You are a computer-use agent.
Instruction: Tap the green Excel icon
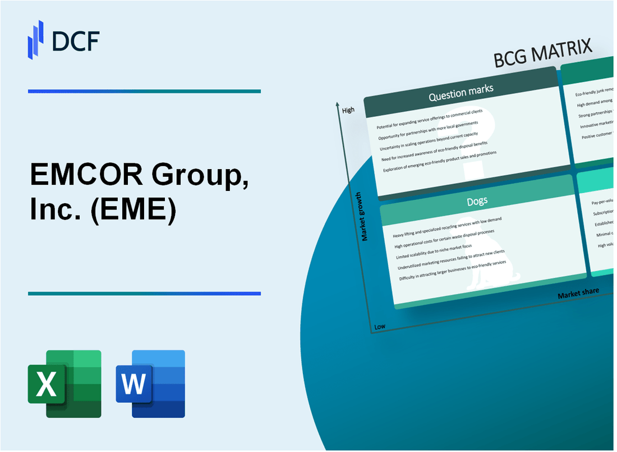pyautogui.click(x=65, y=383)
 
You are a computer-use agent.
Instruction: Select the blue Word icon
pyautogui.click(x=150, y=383)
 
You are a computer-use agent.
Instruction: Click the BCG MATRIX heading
pyautogui.click(x=543, y=54)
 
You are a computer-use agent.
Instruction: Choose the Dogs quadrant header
pyautogui.click(x=477, y=200)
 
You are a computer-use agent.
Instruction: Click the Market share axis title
pyautogui.click(x=578, y=293)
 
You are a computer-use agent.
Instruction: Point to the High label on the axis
pyautogui.click(x=348, y=111)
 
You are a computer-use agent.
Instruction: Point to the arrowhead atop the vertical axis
pyautogui.click(x=337, y=104)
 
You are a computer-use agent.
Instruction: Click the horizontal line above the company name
pyautogui.click(x=144, y=91)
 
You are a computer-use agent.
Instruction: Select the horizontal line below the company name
pyautogui.click(x=144, y=293)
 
